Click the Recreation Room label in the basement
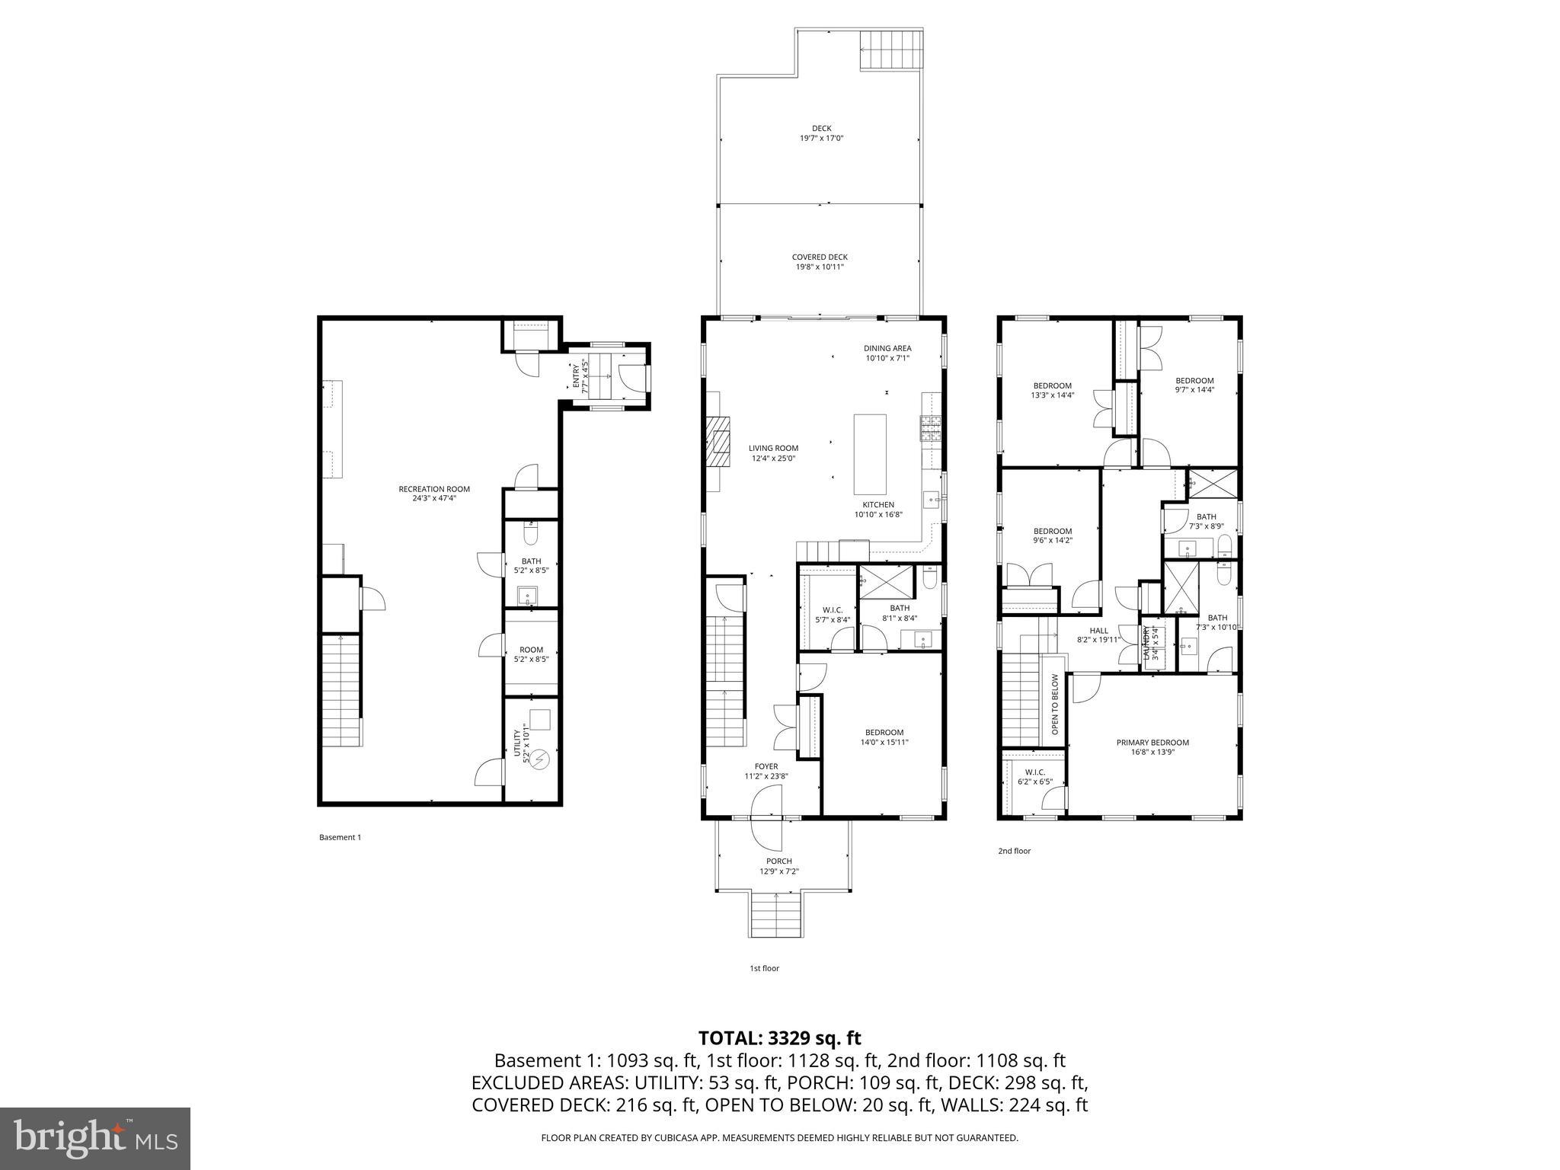434,494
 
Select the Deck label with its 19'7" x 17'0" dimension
821,133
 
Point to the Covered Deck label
820,262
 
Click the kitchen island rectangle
870,455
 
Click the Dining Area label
887,353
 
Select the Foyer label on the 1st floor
766,771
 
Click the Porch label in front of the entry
779,866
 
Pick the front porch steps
776,916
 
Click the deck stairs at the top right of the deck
891,51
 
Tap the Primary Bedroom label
1152,747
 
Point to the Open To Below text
1055,704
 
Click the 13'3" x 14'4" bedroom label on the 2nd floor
1052,390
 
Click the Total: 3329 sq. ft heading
779,1037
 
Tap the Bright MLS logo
95,1138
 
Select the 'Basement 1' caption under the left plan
340,837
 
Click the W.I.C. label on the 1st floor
832,614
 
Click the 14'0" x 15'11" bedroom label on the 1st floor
884,737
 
